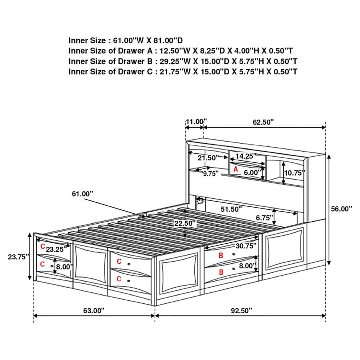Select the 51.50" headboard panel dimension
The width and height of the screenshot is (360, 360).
pos(232,209)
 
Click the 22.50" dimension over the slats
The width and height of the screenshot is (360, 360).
pos(184,223)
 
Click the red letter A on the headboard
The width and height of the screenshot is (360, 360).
pos(236,170)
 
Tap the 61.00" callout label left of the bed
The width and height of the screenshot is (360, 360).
pos(82,194)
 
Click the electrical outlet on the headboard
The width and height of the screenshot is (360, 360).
pos(200,201)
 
